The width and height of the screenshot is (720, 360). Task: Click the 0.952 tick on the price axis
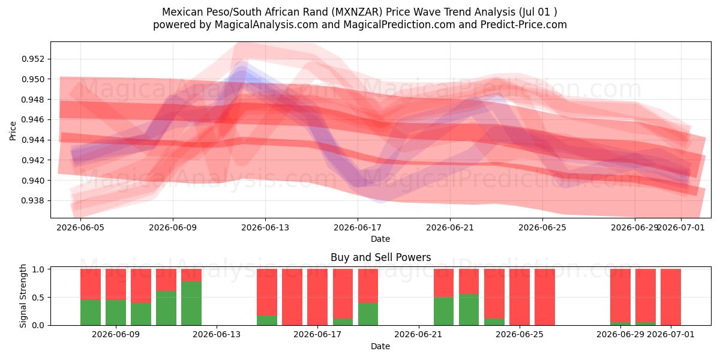(33, 59)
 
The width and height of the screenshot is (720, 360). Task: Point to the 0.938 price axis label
(33, 201)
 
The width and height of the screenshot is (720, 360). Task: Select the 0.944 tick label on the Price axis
(33, 140)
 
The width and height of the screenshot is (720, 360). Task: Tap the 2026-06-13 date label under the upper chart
(265, 228)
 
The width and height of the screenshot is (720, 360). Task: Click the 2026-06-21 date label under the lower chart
(418, 335)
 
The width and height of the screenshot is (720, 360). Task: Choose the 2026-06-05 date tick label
(80, 228)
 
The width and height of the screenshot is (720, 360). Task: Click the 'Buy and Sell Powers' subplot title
(380, 257)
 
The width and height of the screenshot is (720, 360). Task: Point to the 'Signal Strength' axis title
(23, 296)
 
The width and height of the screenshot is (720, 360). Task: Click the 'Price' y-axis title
(13, 131)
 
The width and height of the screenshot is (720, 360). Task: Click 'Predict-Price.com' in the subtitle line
(524, 25)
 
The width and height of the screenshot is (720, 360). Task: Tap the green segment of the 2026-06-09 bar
(116, 313)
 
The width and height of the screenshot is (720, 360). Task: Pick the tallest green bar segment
(191, 304)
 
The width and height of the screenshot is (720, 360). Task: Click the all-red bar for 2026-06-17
(317, 297)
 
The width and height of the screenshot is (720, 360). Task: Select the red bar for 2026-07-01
(671, 297)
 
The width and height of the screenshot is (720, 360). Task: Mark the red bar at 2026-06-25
(520, 297)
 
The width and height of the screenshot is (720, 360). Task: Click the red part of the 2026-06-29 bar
(620, 295)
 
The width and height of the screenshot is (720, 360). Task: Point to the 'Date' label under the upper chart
(380, 239)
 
